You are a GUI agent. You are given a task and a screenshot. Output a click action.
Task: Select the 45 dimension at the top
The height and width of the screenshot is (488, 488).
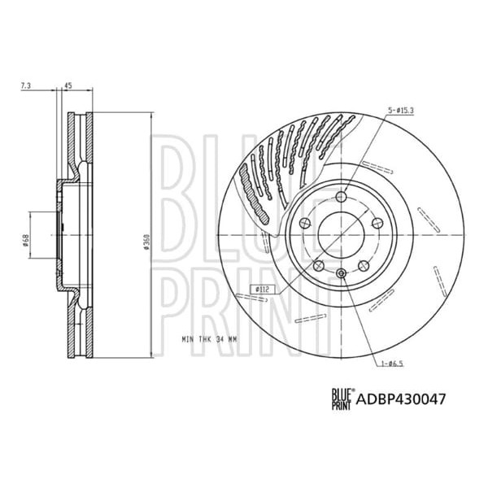tap(68, 85)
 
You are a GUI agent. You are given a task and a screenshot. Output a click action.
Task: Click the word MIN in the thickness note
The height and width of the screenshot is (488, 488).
tap(186, 337)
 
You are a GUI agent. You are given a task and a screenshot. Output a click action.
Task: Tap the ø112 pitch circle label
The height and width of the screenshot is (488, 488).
tap(262, 289)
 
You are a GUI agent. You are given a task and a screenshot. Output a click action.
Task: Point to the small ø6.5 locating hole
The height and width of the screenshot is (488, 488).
tap(342, 272)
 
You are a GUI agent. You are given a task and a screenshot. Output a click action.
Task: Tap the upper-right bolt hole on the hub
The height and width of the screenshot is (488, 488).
tap(377, 224)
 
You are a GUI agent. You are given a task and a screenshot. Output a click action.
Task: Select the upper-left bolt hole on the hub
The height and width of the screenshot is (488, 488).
tap(306, 224)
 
